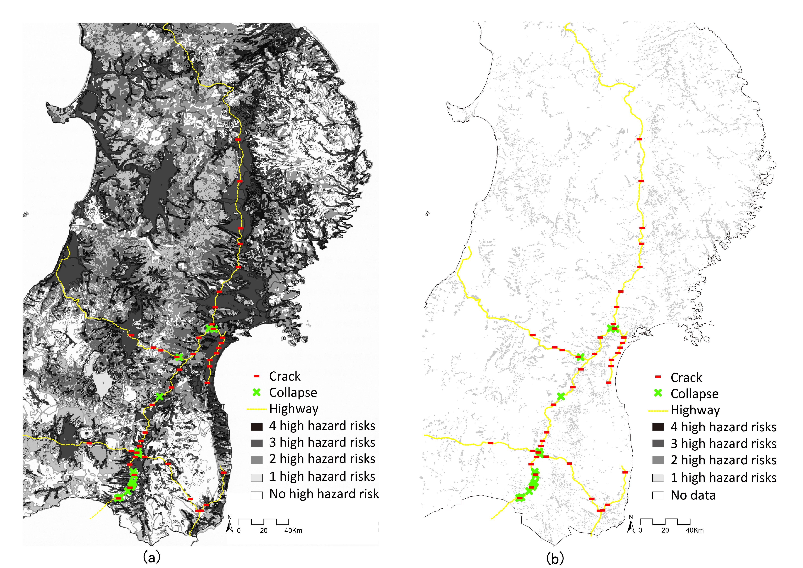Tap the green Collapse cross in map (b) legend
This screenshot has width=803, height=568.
tap(658, 393)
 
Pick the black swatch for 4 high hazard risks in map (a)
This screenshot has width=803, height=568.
tap(257, 427)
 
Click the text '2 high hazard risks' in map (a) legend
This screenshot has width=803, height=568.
tap(322, 459)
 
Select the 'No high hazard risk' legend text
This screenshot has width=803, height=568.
tap(324, 494)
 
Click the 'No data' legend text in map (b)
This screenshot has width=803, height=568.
tap(693, 495)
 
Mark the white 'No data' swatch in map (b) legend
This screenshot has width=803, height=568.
tap(658, 495)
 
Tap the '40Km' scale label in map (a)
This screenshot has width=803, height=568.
tap(293, 531)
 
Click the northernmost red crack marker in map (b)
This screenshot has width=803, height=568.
tap(639, 139)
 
